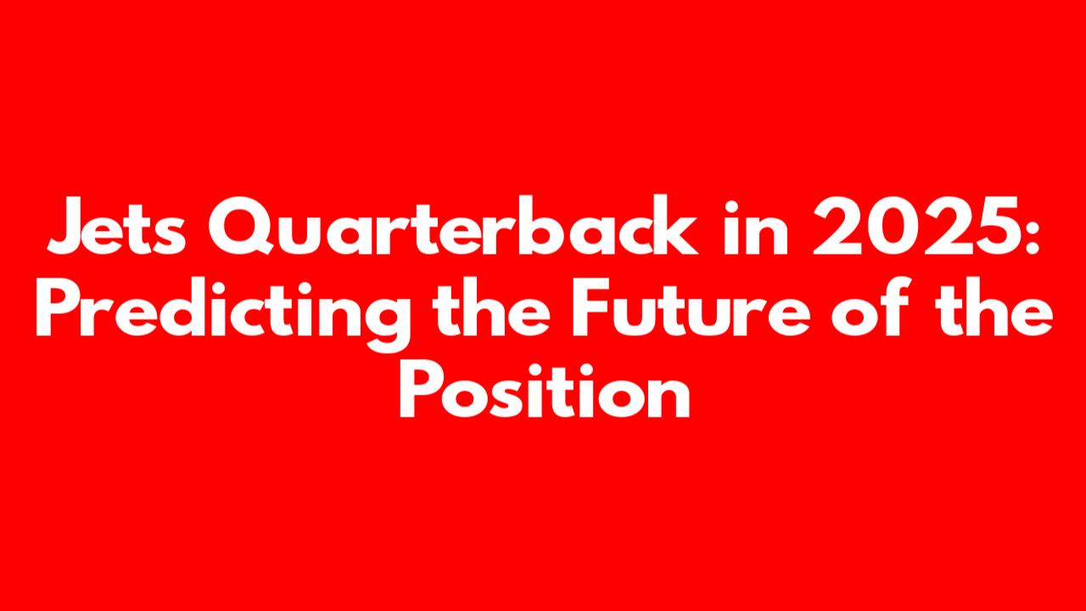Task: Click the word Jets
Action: (x=116, y=226)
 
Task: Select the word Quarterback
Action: (x=453, y=225)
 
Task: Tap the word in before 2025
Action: (x=756, y=226)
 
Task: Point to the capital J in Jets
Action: (x=69, y=226)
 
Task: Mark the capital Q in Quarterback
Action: (x=241, y=226)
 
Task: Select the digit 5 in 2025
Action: (x=994, y=227)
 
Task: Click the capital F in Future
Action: (x=591, y=308)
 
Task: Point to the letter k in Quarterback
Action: (x=675, y=225)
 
